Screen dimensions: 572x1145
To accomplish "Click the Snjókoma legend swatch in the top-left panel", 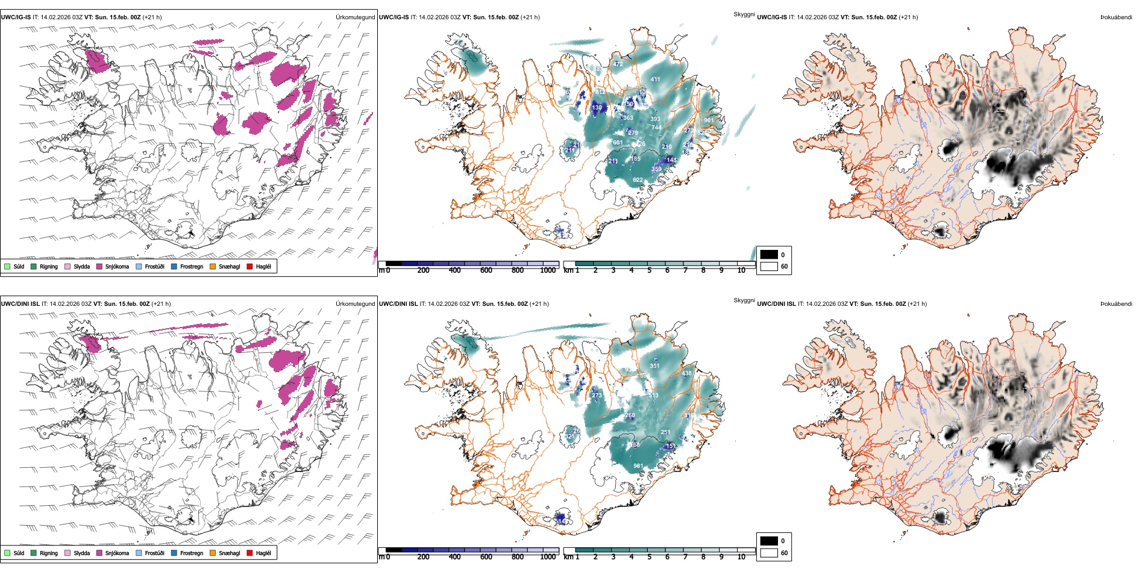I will click(x=99, y=266).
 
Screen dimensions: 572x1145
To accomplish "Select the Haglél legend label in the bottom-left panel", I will click(x=263, y=553).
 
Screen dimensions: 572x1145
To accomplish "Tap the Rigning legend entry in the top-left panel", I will click(x=49, y=266).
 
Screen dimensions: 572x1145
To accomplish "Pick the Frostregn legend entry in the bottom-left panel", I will click(x=192, y=553).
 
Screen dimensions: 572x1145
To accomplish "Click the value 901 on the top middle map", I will click(x=709, y=120).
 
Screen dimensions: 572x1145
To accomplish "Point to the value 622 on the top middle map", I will click(x=638, y=179).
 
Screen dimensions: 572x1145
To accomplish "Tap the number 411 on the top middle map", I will click(x=656, y=79).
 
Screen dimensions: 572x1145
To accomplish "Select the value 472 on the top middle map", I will click(x=618, y=64).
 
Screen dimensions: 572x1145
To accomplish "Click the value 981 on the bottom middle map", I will click(x=638, y=465).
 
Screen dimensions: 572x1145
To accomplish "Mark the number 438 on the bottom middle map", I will click(x=687, y=373).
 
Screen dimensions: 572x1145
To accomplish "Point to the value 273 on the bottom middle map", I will click(x=597, y=395).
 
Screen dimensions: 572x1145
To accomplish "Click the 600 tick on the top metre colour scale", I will click(x=486, y=270).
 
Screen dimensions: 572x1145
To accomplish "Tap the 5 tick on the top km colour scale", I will click(x=650, y=270).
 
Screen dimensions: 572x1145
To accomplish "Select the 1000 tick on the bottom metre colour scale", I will click(x=548, y=557).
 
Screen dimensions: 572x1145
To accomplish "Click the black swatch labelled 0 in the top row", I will click(x=769, y=255).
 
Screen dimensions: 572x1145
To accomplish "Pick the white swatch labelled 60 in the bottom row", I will click(x=769, y=553).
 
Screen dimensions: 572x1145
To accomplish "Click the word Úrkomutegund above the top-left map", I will click(x=356, y=17).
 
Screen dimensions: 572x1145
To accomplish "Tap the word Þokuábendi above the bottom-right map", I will click(x=1116, y=304).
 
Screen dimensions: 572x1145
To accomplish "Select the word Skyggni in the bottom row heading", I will click(x=744, y=300).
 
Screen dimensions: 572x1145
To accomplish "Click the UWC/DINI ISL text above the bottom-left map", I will click(x=20, y=304).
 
